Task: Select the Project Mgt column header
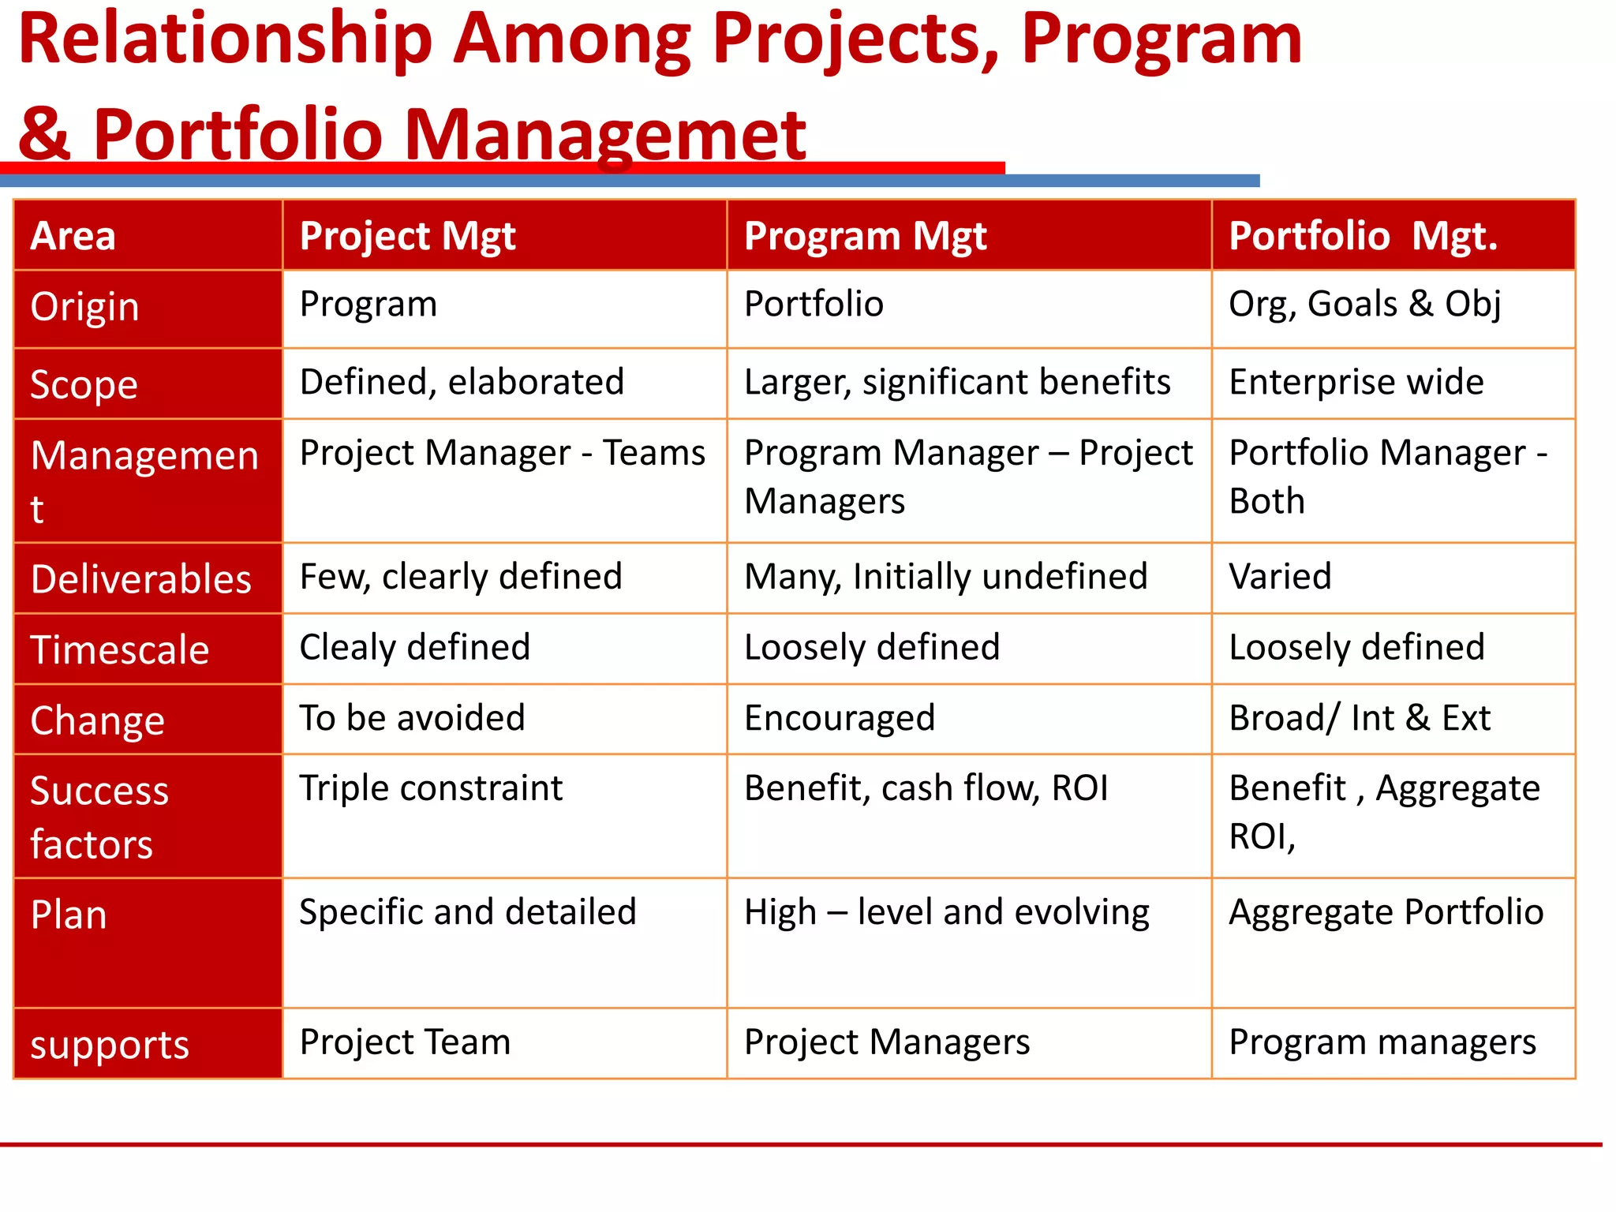pos(407,236)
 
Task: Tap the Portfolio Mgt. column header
pos(1363,236)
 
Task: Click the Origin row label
pos(85,307)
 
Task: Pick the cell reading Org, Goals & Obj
pos(1364,305)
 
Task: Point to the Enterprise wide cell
pos(1356,383)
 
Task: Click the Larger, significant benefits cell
pos(956,383)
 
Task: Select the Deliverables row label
pos(141,579)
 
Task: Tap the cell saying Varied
pos(1280,577)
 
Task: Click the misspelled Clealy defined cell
pos(415,648)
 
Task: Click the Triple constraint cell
pos(431,788)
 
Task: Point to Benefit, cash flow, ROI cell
pos(926,788)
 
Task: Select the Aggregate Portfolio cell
pos(1386,913)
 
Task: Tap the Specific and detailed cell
pos(467,913)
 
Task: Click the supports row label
pos(110,1046)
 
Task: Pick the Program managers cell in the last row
pos(1382,1042)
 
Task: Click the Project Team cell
pos(405,1042)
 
